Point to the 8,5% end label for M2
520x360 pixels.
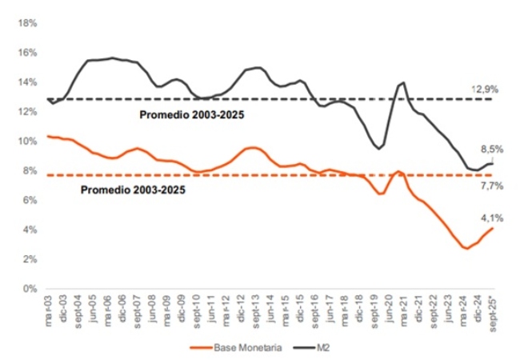(490, 149)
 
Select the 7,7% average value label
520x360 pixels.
(490, 185)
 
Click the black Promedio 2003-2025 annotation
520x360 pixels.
(192, 114)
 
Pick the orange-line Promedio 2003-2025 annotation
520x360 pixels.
(133, 190)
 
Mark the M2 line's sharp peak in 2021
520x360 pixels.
(404, 82)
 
